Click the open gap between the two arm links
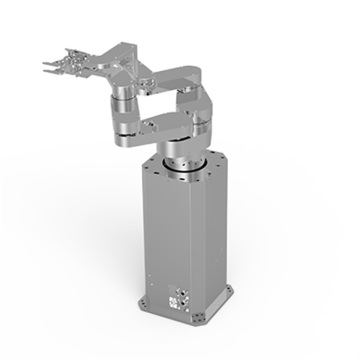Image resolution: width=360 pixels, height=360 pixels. (x=160, y=100)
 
